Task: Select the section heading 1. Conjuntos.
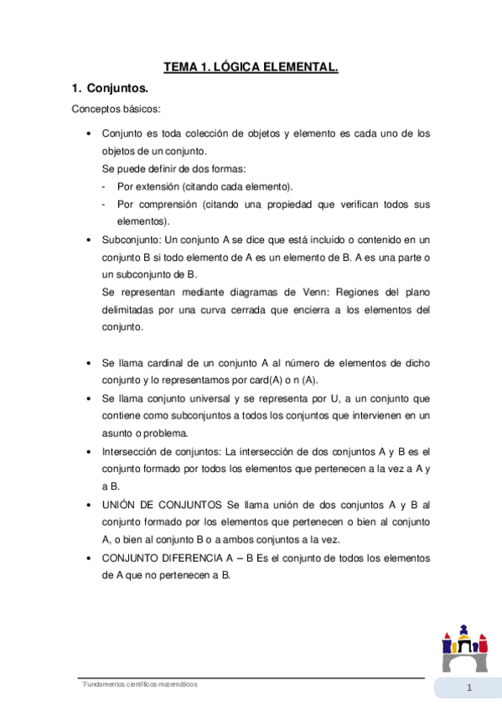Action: coord(110,88)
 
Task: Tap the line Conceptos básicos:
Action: coord(116,110)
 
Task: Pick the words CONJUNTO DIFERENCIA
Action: coord(170,558)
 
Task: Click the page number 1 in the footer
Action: coord(469,689)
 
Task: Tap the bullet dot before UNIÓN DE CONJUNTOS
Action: coord(89,505)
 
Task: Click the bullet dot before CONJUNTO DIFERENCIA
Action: coord(89,558)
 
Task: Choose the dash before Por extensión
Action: coord(103,186)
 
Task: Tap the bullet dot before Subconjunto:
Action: coord(89,239)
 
